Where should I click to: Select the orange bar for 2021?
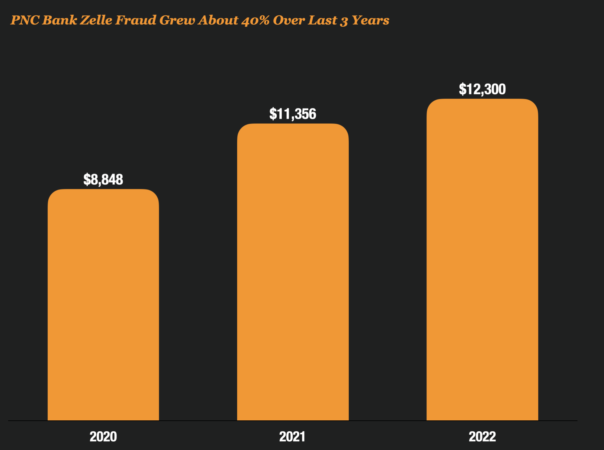pos(293,272)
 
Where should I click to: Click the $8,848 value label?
pos(103,180)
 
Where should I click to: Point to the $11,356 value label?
pos(293,114)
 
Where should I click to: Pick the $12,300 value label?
pos(482,89)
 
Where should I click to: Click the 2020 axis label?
pos(103,437)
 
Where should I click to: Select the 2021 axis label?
pos(292,437)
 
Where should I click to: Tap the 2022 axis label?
pos(482,437)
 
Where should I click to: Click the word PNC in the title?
pos(25,20)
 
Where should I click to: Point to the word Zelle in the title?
pos(96,20)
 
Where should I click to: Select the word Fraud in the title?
pos(136,20)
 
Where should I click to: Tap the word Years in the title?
pos(371,20)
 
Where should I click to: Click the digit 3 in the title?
pos(344,21)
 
